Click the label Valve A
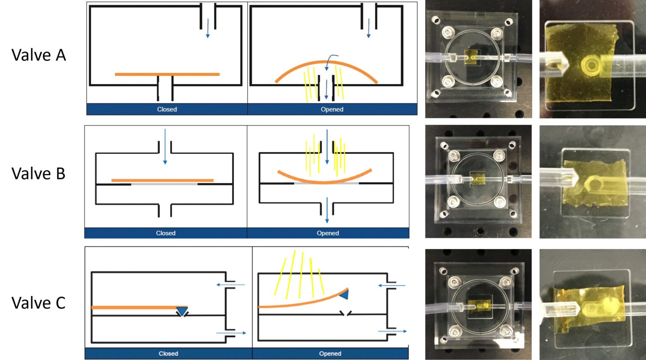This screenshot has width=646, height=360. tap(39, 55)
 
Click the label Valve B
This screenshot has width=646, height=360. tap(39, 173)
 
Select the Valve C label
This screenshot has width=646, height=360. tap(39, 303)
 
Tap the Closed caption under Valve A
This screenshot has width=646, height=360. tap(167, 109)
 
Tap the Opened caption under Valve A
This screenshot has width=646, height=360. tap(332, 109)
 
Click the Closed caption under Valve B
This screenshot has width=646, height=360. tap(166, 233)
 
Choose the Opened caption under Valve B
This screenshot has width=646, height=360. tap(328, 233)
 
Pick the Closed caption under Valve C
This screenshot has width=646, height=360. tap(168, 354)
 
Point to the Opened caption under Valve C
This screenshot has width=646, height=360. tap(330, 354)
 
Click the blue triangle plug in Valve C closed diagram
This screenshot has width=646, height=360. tap(182, 311)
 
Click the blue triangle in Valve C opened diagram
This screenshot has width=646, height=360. tap(344, 295)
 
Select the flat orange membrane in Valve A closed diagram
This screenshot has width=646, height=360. tap(167, 74)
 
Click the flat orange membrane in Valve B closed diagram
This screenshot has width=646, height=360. tap(162, 180)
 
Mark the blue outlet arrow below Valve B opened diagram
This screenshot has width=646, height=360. tap(327, 210)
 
